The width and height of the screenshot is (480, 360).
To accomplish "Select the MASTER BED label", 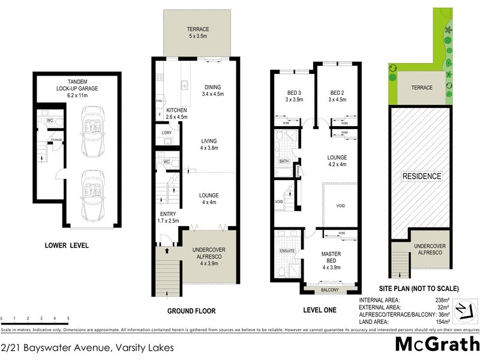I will pyautogui.click(x=331, y=259).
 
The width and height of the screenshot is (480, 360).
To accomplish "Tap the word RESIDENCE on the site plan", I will pyautogui.click(x=421, y=176).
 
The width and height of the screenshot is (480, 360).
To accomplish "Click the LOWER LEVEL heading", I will pyautogui.click(x=67, y=245).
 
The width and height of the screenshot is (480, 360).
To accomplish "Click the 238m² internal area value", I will pyautogui.click(x=458, y=300).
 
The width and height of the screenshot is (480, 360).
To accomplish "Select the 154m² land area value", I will pyautogui.click(x=458, y=322).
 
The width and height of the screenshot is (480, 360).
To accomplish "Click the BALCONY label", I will pyautogui.click(x=330, y=290).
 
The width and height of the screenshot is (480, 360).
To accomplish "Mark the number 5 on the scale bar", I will pyautogui.click(x=68, y=319).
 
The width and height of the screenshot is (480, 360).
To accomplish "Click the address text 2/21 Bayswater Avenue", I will pyautogui.click(x=88, y=347).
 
